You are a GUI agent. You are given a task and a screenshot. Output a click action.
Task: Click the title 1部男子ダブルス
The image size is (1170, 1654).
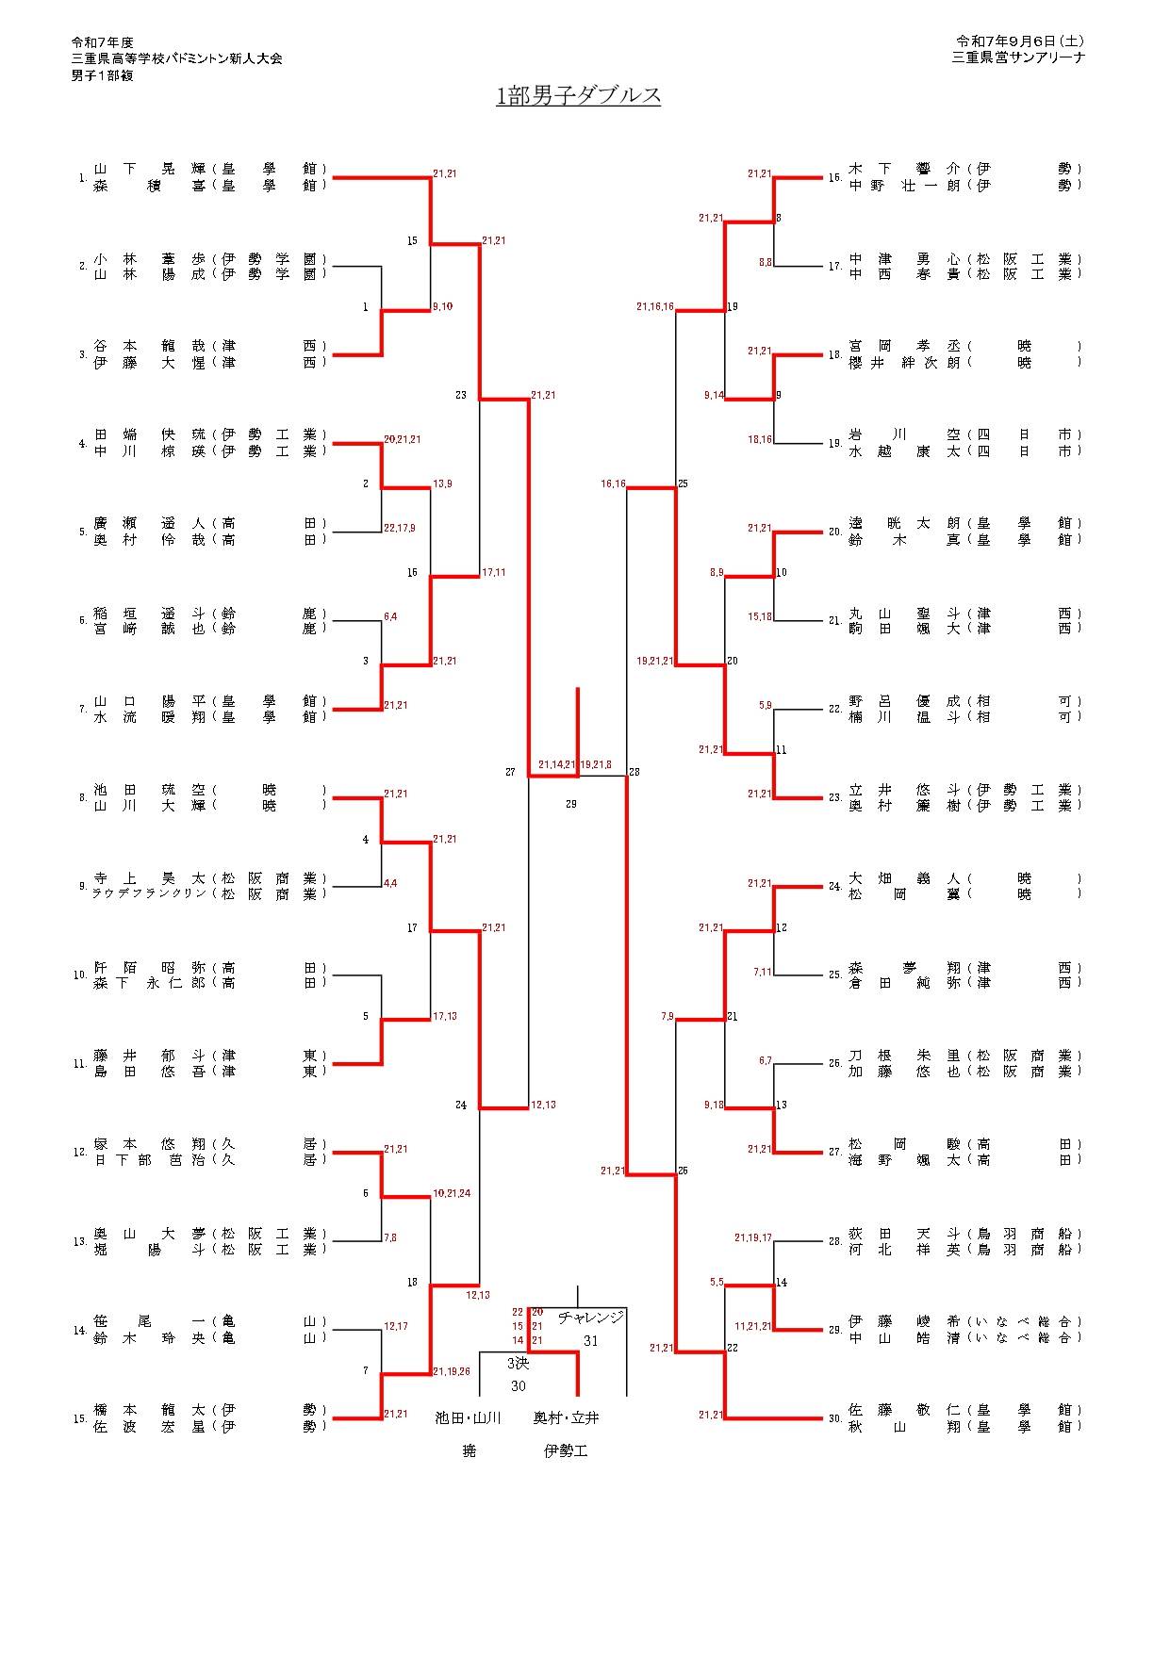pyautogui.click(x=578, y=95)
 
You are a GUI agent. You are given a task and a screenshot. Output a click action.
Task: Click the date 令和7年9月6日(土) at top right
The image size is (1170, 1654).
pyautogui.click(x=1019, y=41)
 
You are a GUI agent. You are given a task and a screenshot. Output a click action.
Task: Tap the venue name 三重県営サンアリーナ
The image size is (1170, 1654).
pyautogui.click(x=1018, y=57)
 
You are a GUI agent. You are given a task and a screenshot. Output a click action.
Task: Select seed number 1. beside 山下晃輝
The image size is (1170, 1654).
pyautogui.click(x=83, y=177)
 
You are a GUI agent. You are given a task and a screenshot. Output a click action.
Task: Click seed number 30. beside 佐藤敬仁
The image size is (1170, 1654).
pyautogui.click(x=835, y=1418)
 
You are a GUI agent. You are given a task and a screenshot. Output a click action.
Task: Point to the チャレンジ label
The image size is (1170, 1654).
pyautogui.click(x=591, y=1318)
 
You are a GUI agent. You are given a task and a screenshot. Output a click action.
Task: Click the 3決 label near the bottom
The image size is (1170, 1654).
pyautogui.click(x=518, y=1363)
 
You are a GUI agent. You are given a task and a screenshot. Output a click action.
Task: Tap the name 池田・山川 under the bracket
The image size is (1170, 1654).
pyautogui.click(x=468, y=1417)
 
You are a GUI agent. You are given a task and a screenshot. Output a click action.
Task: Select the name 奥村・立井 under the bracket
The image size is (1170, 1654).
pyautogui.click(x=566, y=1417)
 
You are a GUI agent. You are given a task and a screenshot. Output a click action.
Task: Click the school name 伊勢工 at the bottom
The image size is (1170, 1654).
pyautogui.click(x=566, y=1450)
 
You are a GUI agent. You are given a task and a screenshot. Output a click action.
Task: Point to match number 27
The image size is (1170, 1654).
pyautogui.click(x=510, y=772)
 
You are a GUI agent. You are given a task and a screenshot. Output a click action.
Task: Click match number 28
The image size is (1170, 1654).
pyautogui.click(x=634, y=772)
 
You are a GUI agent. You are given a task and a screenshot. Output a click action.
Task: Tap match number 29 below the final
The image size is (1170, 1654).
pyautogui.click(x=571, y=804)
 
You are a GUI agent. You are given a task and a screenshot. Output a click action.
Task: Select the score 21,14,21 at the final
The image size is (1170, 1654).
pyautogui.click(x=556, y=764)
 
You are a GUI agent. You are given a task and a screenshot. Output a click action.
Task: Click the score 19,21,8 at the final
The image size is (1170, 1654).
pyautogui.click(x=596, y=764)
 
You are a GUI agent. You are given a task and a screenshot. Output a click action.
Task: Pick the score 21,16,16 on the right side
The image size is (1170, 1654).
pyautogui.click(x=654, y=306)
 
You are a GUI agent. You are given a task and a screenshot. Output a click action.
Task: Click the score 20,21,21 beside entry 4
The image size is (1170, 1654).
pyautogui.click(x=403, y=439)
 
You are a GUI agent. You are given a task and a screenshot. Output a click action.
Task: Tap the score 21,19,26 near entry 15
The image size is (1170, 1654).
pyautogui.click(x=452, y=1371)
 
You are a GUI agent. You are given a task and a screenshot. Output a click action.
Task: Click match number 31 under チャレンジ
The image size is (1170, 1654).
pyautogui.click(x=591, y=1341)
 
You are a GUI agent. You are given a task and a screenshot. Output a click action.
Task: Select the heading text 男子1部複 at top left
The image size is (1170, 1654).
pyautogui.click(x=102, y=75)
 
